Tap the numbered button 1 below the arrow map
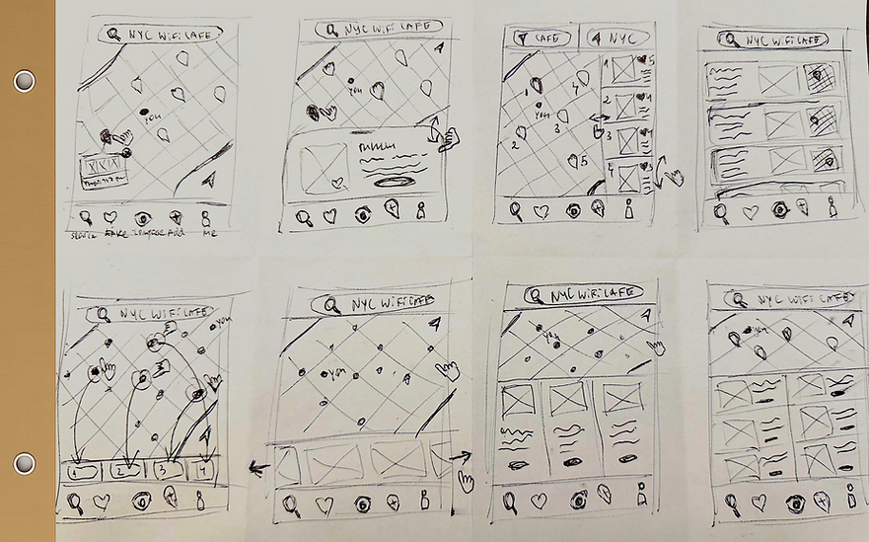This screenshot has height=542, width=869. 81,471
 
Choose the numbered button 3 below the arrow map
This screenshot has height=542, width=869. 168,471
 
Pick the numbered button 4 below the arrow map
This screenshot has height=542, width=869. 204,470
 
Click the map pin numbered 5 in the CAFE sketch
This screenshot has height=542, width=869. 574,161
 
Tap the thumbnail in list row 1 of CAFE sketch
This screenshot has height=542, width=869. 623,68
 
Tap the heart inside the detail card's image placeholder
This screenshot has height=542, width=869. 336,182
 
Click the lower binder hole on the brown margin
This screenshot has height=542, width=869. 25,463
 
